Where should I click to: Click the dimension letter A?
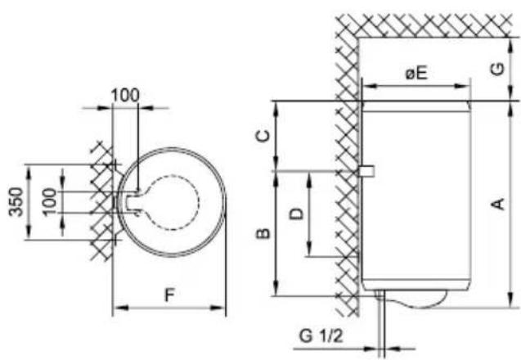498,204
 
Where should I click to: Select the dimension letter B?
263,233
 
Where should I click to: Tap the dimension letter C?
263,136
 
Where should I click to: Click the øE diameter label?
416,73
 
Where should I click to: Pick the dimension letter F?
169,295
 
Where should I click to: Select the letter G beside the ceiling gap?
498,70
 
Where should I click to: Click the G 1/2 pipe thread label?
321,335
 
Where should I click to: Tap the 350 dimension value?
16,202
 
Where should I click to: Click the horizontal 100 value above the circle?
125,96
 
